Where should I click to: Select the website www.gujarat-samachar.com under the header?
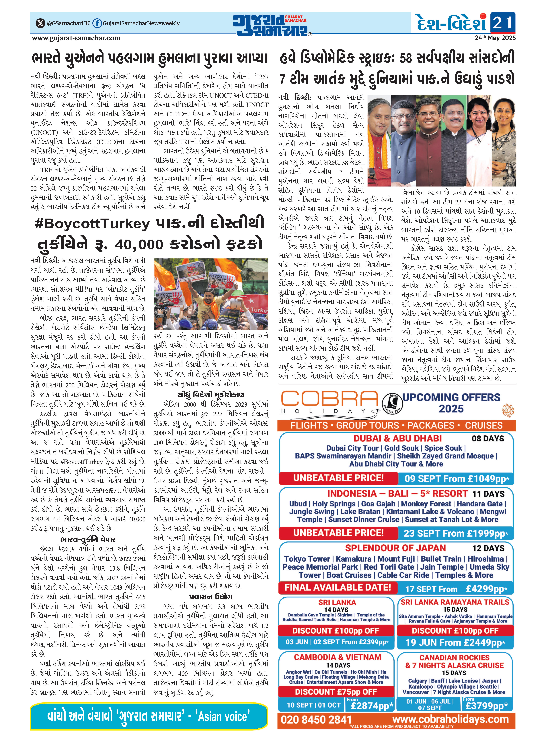coord(76,38)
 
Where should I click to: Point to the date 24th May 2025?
coord(495,38)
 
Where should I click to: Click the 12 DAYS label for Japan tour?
coord(488,548)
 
